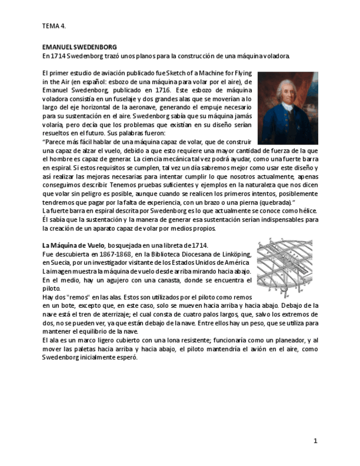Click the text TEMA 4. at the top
point(54,26)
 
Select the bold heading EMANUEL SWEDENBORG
point(79,47)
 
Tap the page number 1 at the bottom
point(315,441)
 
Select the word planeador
point(273,340)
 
